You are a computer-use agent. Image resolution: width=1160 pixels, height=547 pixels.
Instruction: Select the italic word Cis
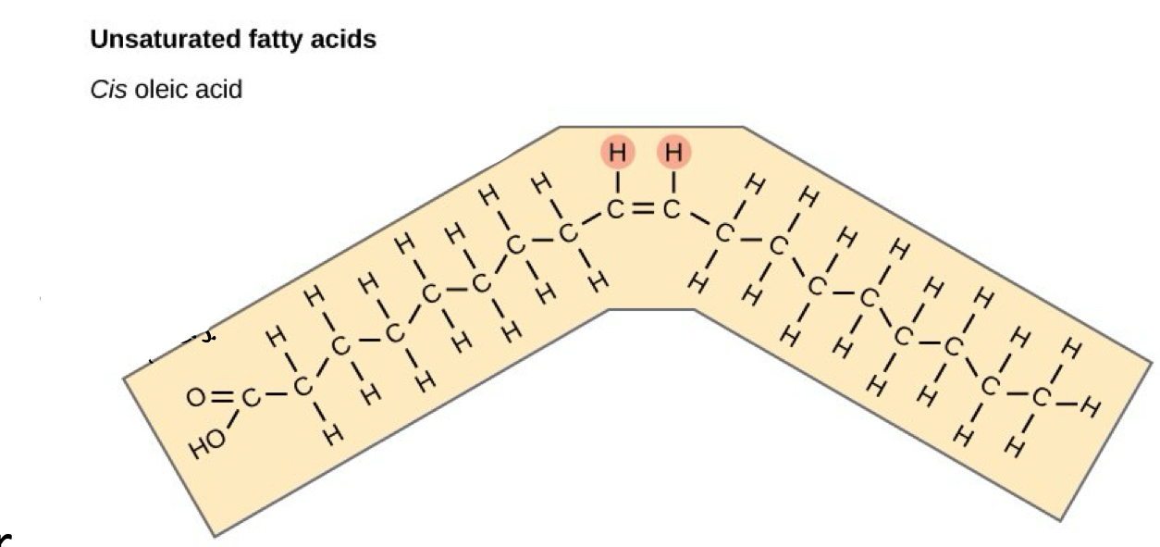click(x=109, y=90)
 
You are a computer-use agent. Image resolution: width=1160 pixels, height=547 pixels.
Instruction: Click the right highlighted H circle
click(x=674, y=152)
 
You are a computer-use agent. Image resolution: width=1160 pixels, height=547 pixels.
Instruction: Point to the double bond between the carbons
click(x=646, y=211)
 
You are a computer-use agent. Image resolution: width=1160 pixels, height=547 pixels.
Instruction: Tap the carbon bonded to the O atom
click(x=250, y=399)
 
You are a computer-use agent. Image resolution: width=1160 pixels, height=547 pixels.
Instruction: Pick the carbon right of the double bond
click(x=673, y=211)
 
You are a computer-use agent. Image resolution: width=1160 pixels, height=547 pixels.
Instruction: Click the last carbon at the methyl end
click(x=1042, y=399)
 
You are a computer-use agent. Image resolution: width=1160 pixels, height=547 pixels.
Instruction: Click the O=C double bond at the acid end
click(x=222, y=398)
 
